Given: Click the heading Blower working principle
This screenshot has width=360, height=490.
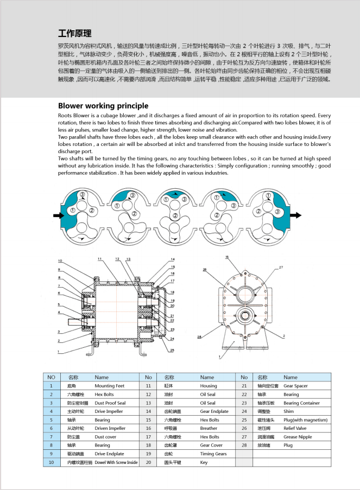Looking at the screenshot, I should (103, 106).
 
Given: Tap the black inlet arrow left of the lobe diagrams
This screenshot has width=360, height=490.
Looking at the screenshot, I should (59, 215).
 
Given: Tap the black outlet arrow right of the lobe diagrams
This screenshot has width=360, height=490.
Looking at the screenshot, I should (295, 215).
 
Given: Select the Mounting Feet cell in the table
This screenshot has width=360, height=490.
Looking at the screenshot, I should (110, 385).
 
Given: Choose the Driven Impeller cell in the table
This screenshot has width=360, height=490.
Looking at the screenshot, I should (110, 428).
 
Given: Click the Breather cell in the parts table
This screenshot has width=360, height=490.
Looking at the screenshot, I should (209, 428).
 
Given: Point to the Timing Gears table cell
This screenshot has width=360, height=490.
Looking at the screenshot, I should (213, 454).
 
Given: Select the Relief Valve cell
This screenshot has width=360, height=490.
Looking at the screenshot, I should (296, 428).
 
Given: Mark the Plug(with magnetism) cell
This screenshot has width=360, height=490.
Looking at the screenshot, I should (306, 420).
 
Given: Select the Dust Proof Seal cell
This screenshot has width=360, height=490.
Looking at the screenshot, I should (110, 403).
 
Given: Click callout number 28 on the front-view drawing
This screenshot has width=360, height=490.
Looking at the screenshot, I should (199, 337).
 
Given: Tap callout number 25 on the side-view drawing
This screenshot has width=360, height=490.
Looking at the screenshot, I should (172, 351).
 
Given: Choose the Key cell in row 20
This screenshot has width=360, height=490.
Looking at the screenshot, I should (204, 462).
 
